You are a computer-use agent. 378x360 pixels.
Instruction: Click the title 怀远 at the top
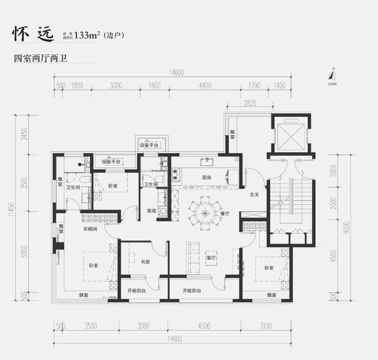point(33,34)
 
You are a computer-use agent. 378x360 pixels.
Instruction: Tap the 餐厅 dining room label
point(225,214)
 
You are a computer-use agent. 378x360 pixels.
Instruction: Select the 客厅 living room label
point(211,258)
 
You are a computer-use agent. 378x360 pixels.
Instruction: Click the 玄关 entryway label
point(254,195)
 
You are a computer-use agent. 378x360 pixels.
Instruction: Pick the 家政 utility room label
point(152,210)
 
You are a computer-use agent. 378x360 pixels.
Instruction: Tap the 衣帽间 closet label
point(90,228)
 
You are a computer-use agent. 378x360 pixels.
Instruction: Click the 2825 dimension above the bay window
point(249,103)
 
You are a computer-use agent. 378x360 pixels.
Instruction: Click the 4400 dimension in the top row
point(204,85)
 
